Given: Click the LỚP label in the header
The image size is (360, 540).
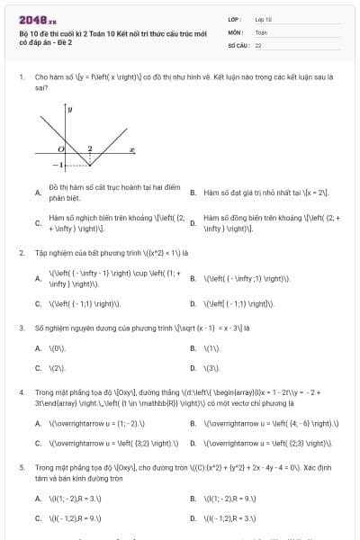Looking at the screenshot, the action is point(235,18).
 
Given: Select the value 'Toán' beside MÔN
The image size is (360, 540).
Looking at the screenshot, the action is point(262,31).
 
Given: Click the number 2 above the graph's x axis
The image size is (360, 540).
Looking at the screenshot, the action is point(89,148).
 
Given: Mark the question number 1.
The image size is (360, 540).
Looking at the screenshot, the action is point(21,77).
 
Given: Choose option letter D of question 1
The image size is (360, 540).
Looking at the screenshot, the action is point(193,222).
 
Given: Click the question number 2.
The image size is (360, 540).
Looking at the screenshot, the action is point(21,253).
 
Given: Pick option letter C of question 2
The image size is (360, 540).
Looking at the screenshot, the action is point(38,303).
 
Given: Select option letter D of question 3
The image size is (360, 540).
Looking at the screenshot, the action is point(193,368).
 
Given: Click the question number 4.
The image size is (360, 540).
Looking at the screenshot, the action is point(21,393).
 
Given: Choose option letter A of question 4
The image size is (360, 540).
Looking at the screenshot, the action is point(38,423).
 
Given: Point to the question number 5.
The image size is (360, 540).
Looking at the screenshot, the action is point(21,469).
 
